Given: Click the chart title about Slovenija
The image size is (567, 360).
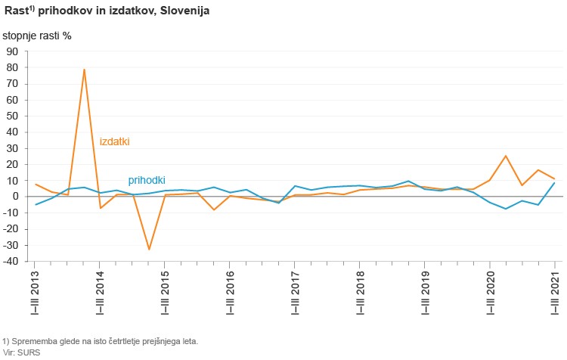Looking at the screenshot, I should [x=107, y=12].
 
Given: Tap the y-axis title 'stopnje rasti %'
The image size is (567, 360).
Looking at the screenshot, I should [x=42, y=36].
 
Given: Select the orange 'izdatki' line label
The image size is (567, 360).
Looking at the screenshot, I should [x=115, y=141].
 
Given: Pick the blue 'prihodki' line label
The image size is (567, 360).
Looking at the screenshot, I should [x=147, y=180].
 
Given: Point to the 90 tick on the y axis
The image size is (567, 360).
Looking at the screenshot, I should [x=12, y=51].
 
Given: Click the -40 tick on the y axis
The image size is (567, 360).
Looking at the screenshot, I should [x=11, y=262].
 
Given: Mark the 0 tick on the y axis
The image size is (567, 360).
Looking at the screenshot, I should [x=15, y=197].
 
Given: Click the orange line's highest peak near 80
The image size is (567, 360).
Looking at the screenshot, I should [x=84, y=70].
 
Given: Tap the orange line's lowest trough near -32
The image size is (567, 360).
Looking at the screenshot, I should [x=149, y=249].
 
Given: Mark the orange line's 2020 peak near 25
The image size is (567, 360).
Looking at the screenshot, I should [x=506, y=156].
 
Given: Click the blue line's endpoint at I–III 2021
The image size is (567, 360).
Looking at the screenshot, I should [x=555, y=182].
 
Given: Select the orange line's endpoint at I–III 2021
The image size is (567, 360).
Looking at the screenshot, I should [x=555, y=178].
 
